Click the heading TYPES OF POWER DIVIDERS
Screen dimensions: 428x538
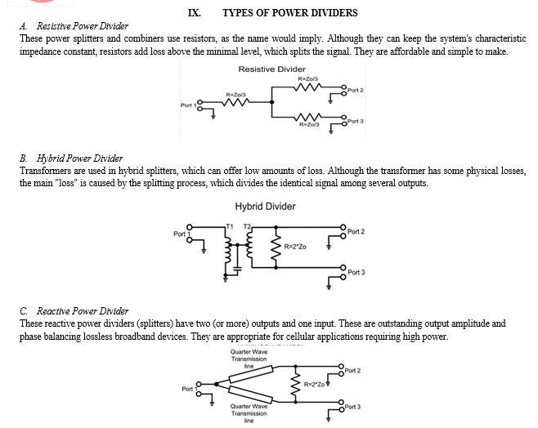(289, 13)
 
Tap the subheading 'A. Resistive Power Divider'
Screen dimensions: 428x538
(73, 26)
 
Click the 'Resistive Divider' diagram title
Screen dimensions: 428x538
(271, 69)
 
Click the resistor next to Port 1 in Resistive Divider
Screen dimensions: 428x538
(236, 104)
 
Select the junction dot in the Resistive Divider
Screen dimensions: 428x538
(274, 104)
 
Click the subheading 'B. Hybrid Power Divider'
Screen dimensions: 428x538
(69, 158)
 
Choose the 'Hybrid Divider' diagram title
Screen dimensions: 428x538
(265, 207)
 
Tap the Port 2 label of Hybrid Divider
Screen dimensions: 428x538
(356, 231)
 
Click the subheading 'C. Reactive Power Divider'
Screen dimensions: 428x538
(74, 311)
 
